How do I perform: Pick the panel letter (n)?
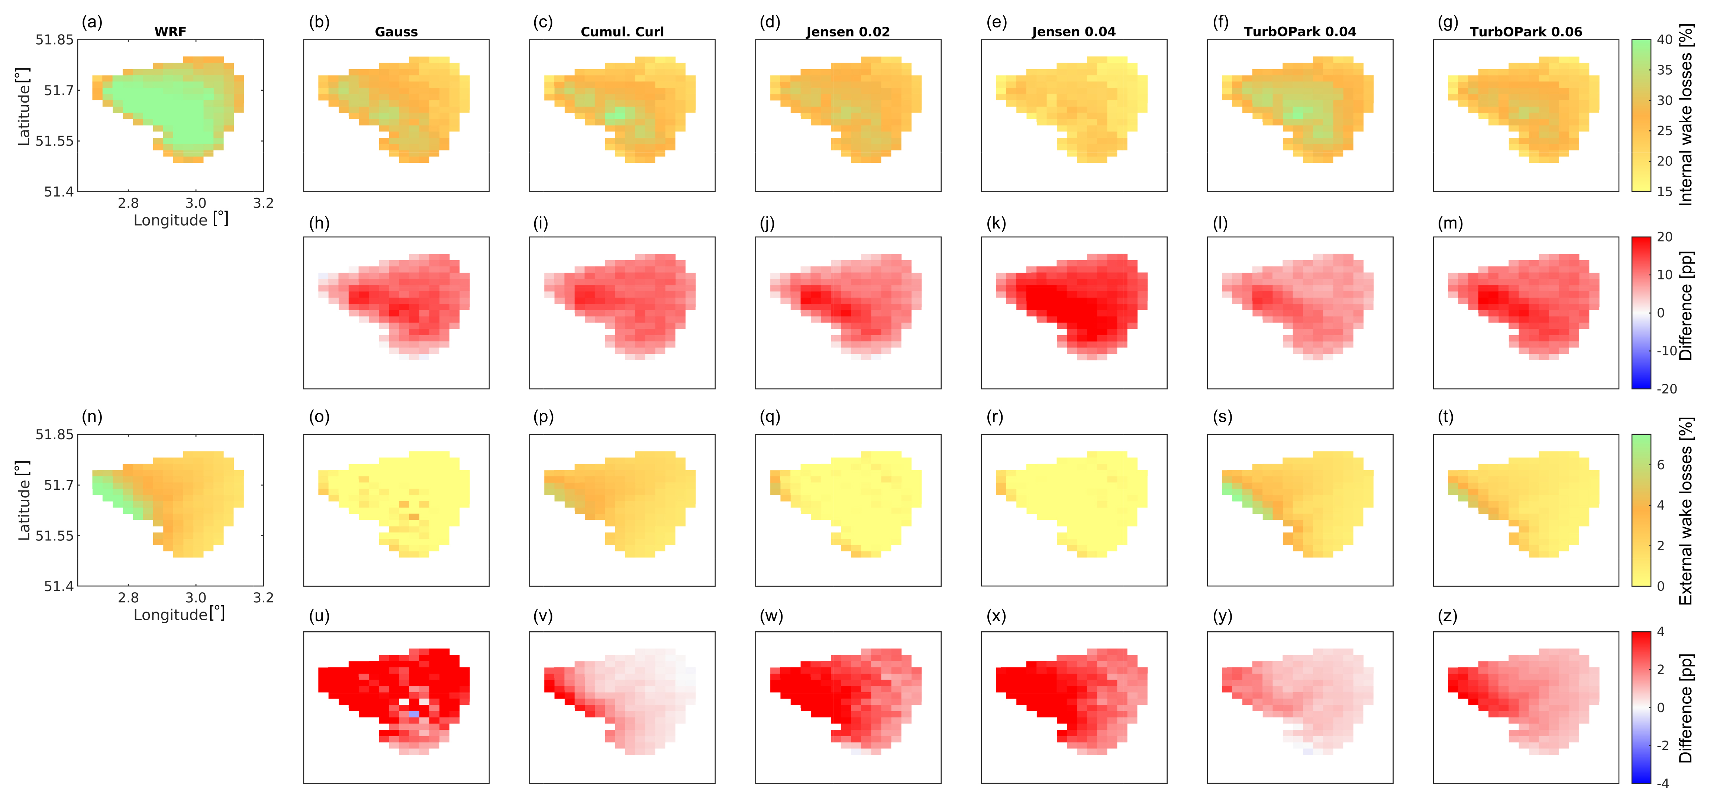(x=92, y=417)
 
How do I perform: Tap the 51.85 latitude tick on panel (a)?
(x=54, y=40)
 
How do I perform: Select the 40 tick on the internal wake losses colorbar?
(x=1664, y=40)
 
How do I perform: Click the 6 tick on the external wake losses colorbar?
(x=1661, y=464)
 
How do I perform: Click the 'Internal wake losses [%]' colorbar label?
(x=1686, y=115)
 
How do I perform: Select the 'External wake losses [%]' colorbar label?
(x=1686, y=511)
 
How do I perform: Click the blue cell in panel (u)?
(x=413, y=714)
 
